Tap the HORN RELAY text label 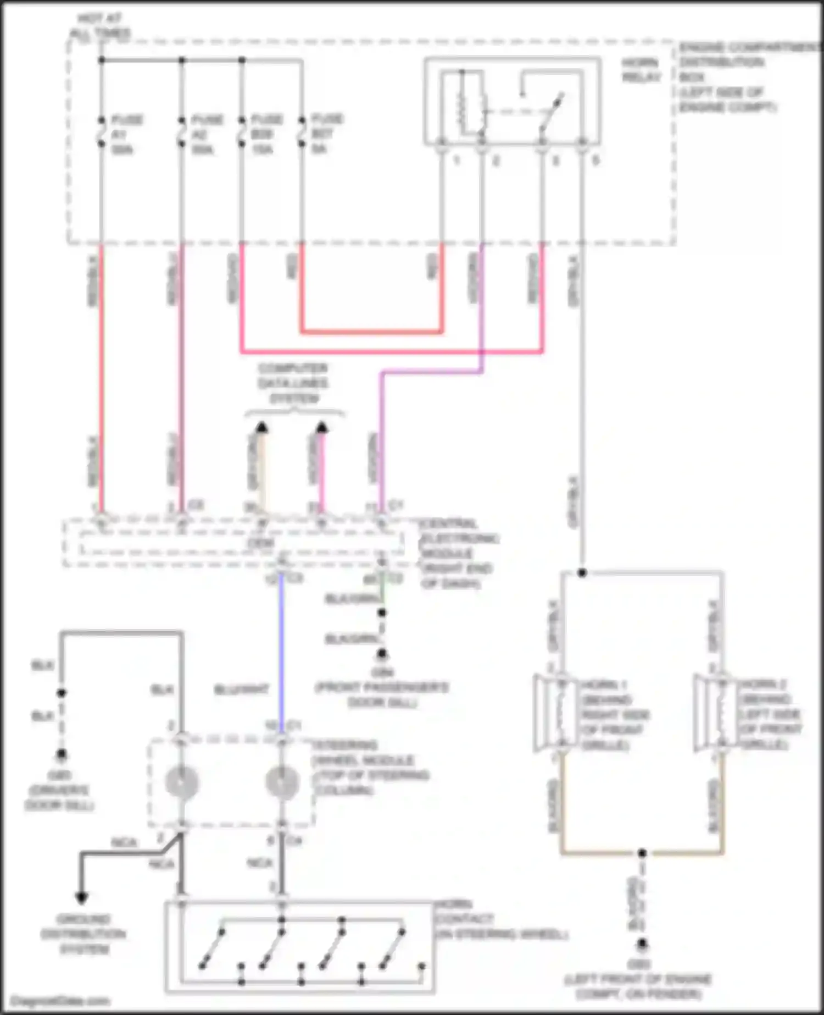[x=641, y=70]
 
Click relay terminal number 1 [x=456, y=161]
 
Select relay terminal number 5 [x=595, y=161]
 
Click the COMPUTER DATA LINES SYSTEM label [x=293, y=383]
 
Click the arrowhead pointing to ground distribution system [x=81, y=898]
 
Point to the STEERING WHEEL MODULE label [x=369, y=768]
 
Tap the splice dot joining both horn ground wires [x=642, y=853]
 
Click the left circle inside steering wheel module [x=181, y=782]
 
